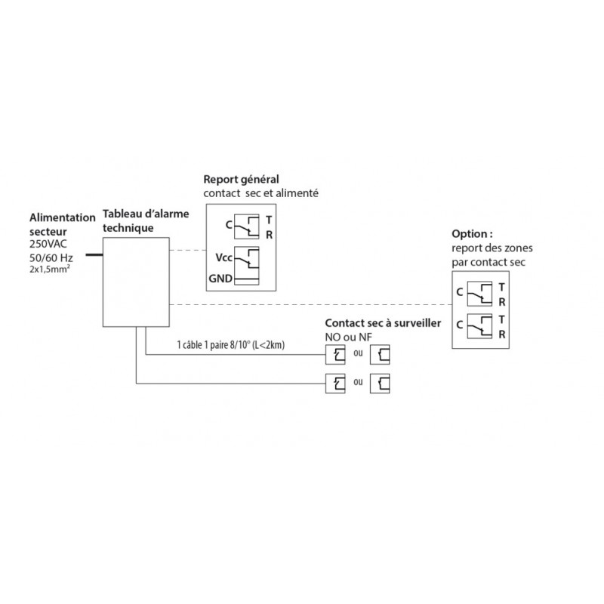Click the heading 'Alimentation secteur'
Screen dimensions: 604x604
click(62, 223)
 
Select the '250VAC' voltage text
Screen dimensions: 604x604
click(48, 245)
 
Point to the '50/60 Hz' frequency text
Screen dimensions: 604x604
click(51, 259)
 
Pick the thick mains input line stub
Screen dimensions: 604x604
click(93, 255)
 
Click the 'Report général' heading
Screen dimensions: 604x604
click(241, 180)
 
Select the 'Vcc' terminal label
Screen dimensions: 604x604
click(223, 257)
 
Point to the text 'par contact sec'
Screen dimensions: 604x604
click(483, 262)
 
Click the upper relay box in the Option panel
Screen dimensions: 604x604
click(481, 294)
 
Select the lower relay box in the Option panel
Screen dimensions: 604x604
click(481, 326)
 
